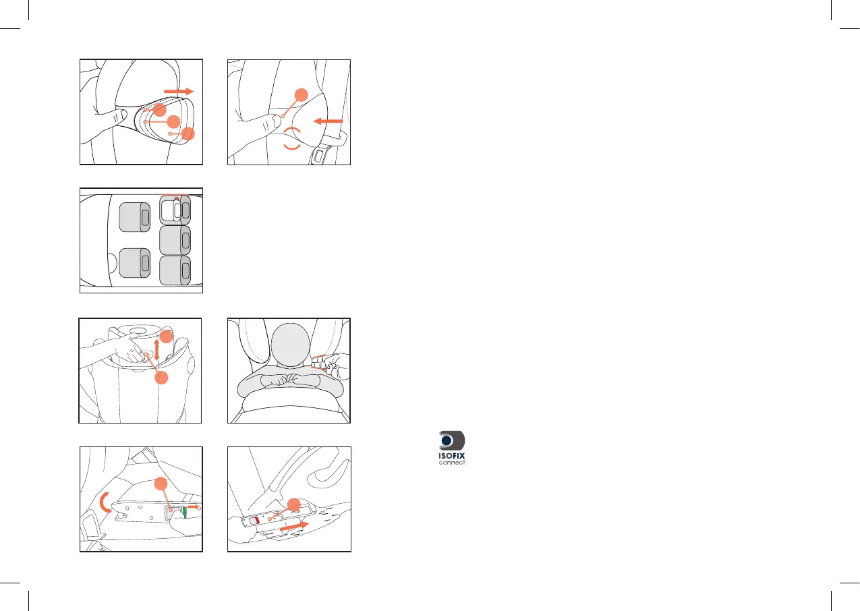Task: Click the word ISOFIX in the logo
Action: pos(452,456)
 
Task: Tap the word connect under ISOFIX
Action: pos(452,463)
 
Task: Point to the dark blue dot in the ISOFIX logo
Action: pos(447,440)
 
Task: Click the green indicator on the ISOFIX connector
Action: pos(185,513)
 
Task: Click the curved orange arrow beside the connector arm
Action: pos(104,503)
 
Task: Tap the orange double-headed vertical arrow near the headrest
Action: pos(156,349)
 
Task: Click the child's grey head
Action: pos(290,345)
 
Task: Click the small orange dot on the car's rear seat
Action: pos(176,199)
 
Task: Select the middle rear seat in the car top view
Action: pos(175,240)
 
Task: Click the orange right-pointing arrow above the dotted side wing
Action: pos(179,91)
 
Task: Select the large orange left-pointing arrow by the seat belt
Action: pos(328,121)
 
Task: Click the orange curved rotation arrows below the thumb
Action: pos(292,138)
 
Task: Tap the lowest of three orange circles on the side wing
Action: pos(188,134)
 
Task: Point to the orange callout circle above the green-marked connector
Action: pos(161,484)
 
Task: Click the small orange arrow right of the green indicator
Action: pos(194,507)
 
